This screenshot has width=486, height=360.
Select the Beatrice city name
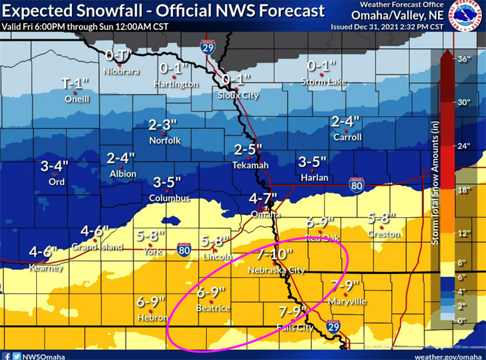pyautogui.click(x=213, y=308)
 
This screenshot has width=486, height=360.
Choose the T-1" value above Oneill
pyautogui.click(x=75, y=83)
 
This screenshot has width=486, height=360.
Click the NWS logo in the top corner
pyautogui.click(x=467, y=16)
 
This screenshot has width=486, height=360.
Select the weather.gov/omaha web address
pyautogui.click(x=448, y=354)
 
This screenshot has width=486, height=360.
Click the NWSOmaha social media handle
pyautogui.click(x=41, y=354)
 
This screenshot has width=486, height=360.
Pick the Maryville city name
pyautogui.click(x=348, y=301)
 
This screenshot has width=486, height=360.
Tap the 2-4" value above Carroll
pyautogui.click(x=346, y=122)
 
